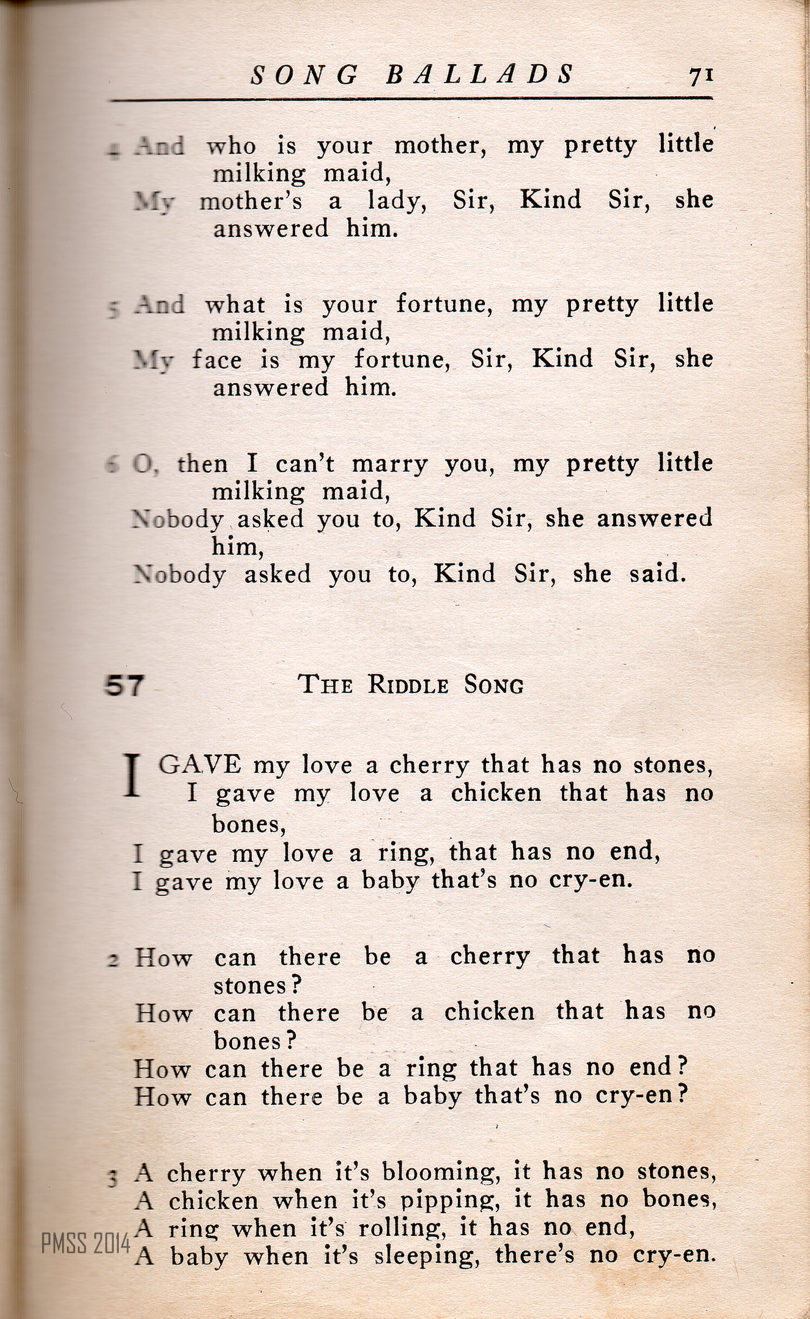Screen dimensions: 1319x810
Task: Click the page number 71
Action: [701, 76]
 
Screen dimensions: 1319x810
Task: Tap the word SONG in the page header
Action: [305, 75]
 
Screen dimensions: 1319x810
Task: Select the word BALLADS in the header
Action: [480, 74]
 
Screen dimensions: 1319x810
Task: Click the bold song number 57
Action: [124, 686]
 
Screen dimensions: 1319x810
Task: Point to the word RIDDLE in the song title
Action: [408, 685]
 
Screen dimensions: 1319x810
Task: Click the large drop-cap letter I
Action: [132, 776]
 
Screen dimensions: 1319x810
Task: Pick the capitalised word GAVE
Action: [200, 765]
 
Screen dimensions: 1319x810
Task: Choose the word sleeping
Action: [427, 1256]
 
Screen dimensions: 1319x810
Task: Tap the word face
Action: [217, 359]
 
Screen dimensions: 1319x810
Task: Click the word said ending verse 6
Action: [657, 573]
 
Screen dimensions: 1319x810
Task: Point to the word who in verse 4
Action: [231, 146]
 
